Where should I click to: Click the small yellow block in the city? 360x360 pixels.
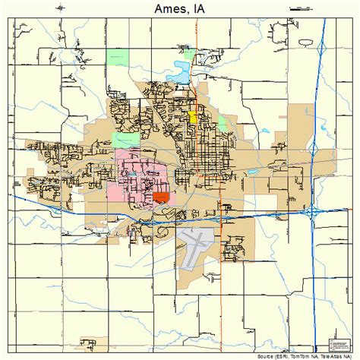click(193, 117)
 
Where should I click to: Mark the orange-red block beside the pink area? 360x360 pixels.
click(160, 197)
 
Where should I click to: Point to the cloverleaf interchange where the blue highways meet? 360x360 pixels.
click(312, 213)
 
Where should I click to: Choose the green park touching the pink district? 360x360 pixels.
click(121, 140)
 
